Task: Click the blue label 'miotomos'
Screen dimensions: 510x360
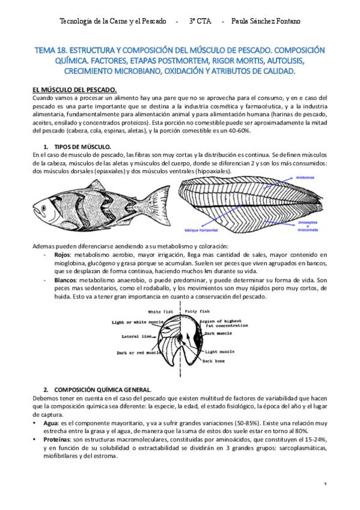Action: pyautogui.click(x=307, y=178)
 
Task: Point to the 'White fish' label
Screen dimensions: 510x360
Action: pyautogui.click(x=162, y=312)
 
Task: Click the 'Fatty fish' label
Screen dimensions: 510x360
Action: pyautogui.click(x=198, y=312)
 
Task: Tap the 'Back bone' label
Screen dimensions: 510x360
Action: pyautogui.click(x=214, y=361)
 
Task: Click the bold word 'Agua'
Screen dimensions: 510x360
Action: pyautogui.click(x=47, y=422)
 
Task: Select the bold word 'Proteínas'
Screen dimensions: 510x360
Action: pyautogui.click(x=55, y=440)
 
